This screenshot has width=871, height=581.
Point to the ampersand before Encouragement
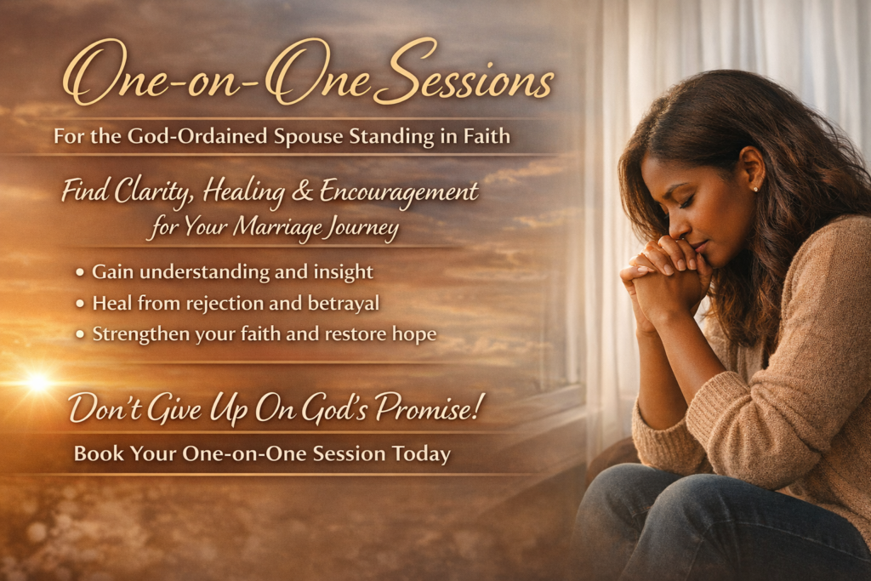click(x=302, y=191)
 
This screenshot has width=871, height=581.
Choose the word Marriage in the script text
click(x=277, y=227)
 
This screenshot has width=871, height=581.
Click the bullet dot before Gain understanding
click(x=81, y=272)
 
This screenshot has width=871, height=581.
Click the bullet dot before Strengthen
click(x=81, y=334)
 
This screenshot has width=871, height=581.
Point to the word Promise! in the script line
click(x=427, y=408)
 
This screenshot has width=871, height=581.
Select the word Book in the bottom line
click(x=99, y=453)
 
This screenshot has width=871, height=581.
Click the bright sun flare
click(x=37, y=382)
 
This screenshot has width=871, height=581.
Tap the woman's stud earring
click(x=755, y=190)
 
